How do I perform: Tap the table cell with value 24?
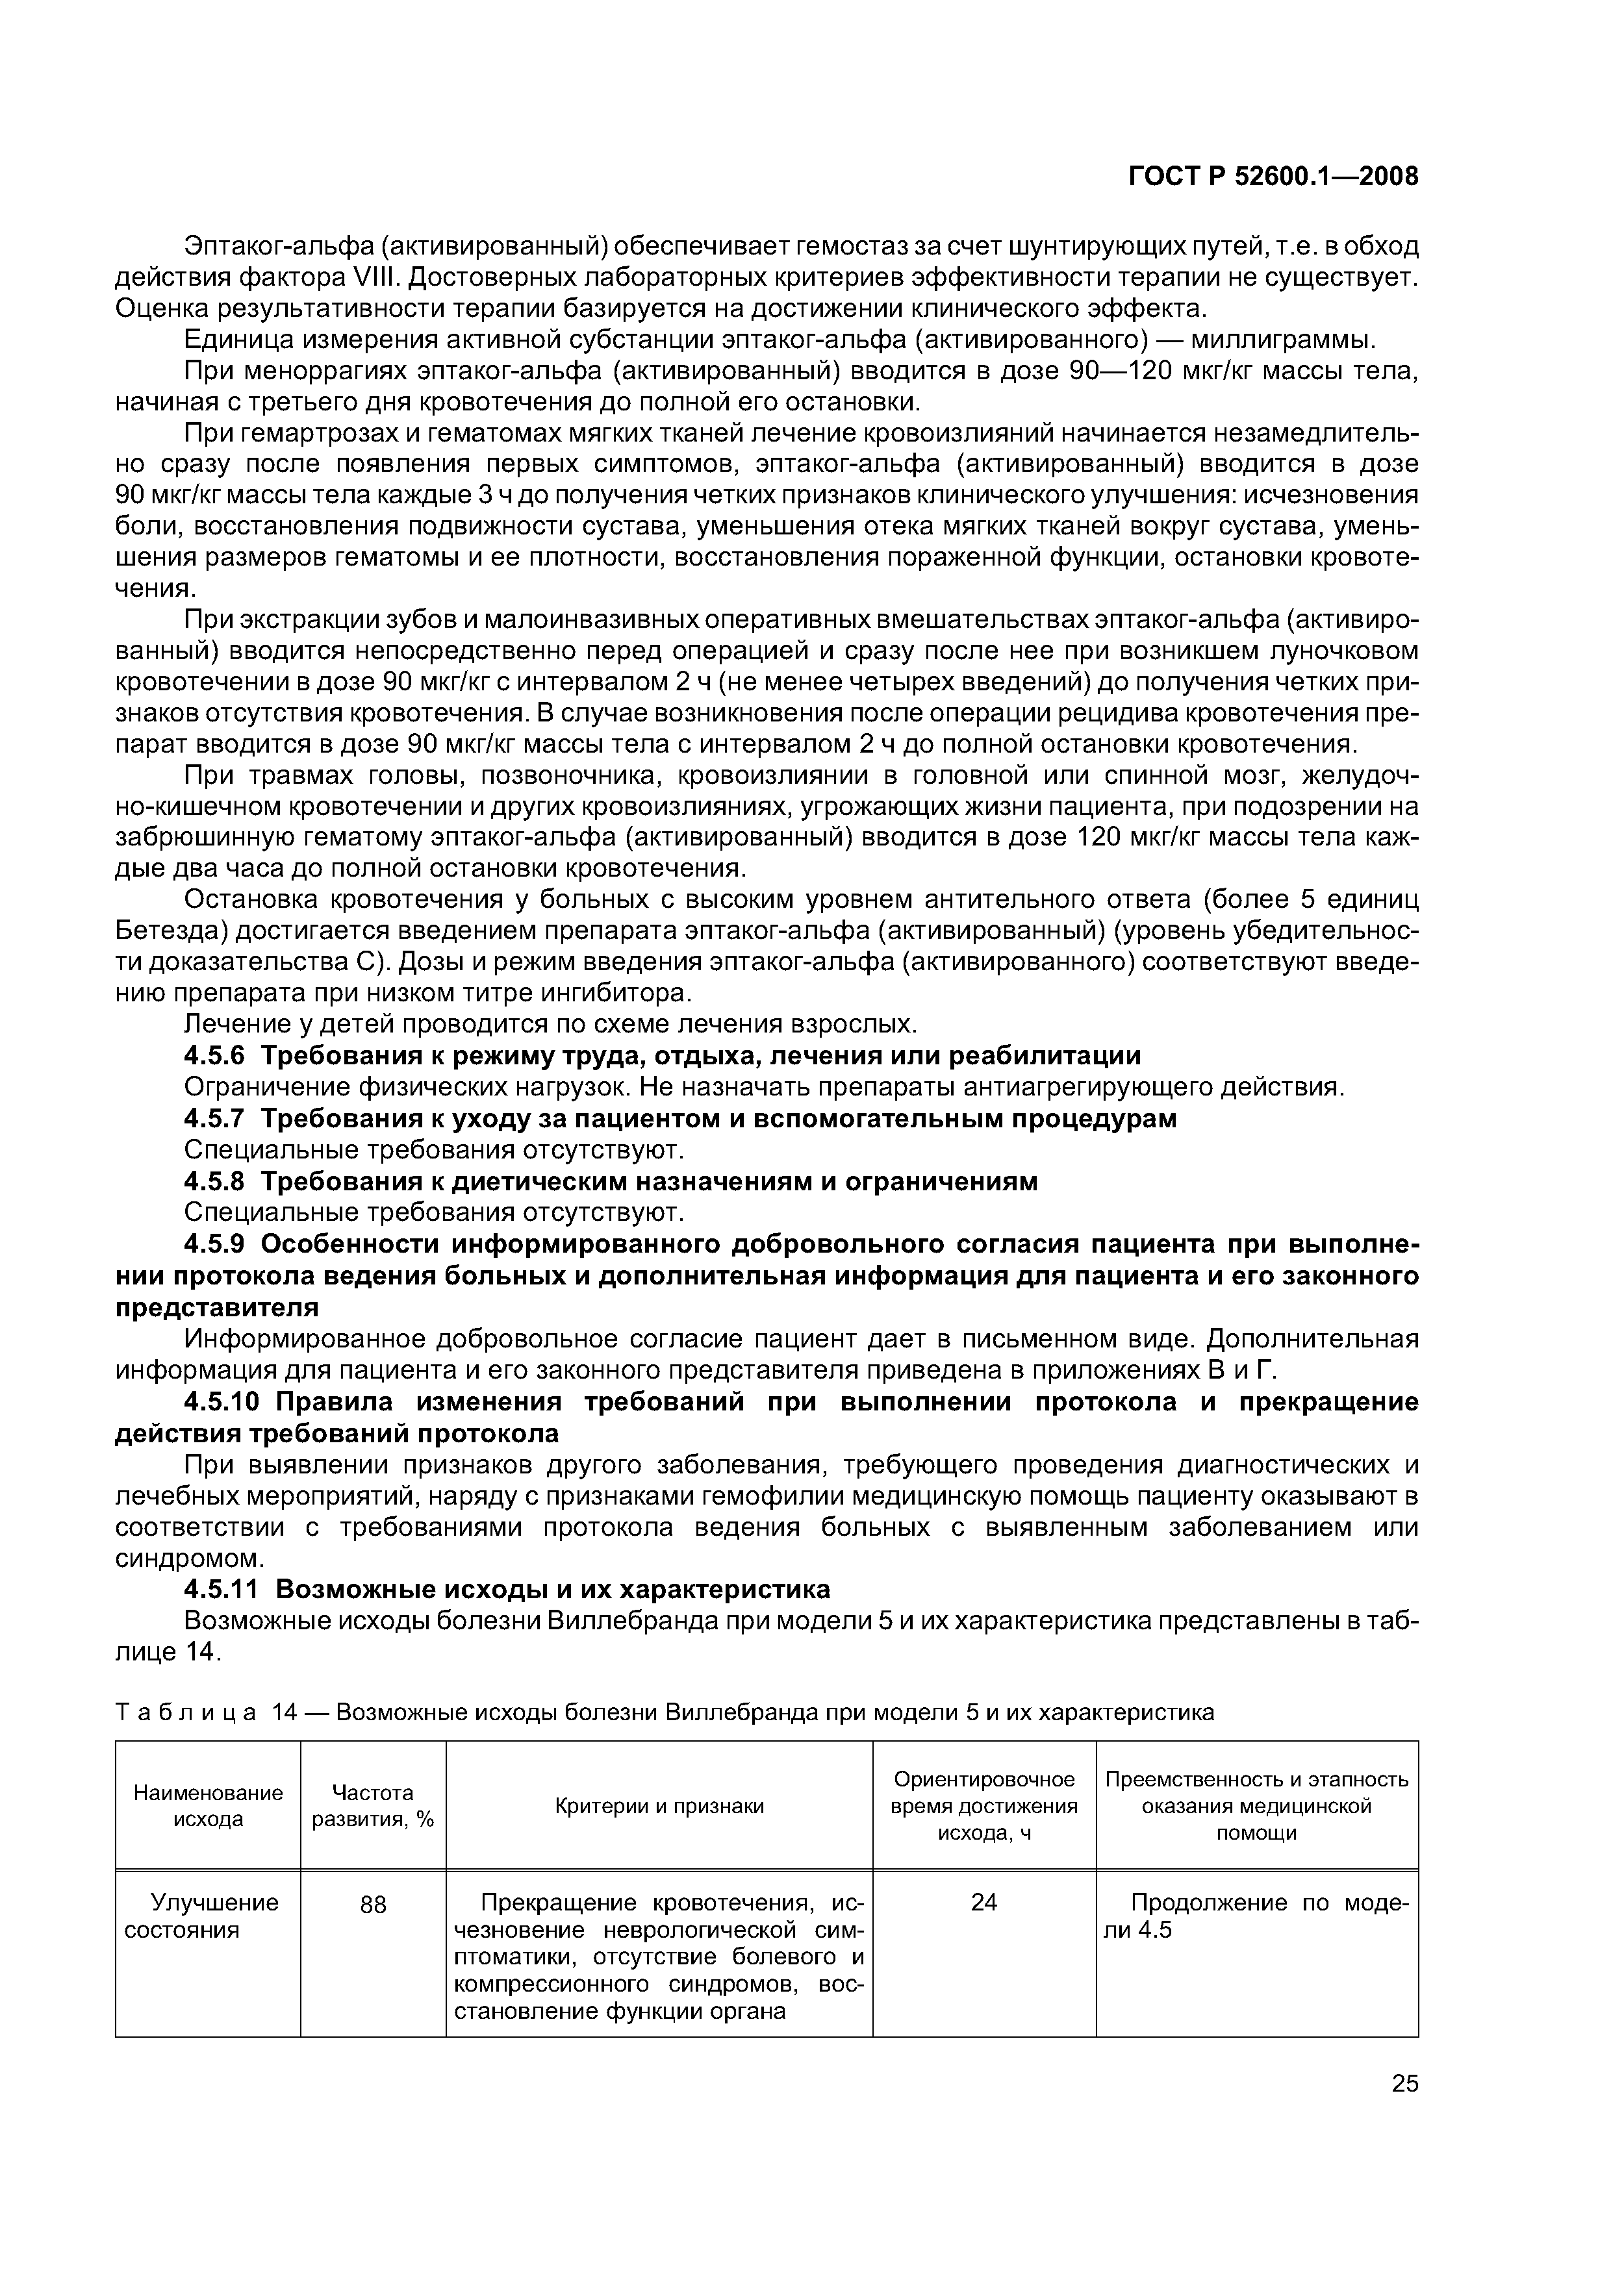(x=983, y=1902)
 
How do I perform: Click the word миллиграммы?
(x=1280, y=340)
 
